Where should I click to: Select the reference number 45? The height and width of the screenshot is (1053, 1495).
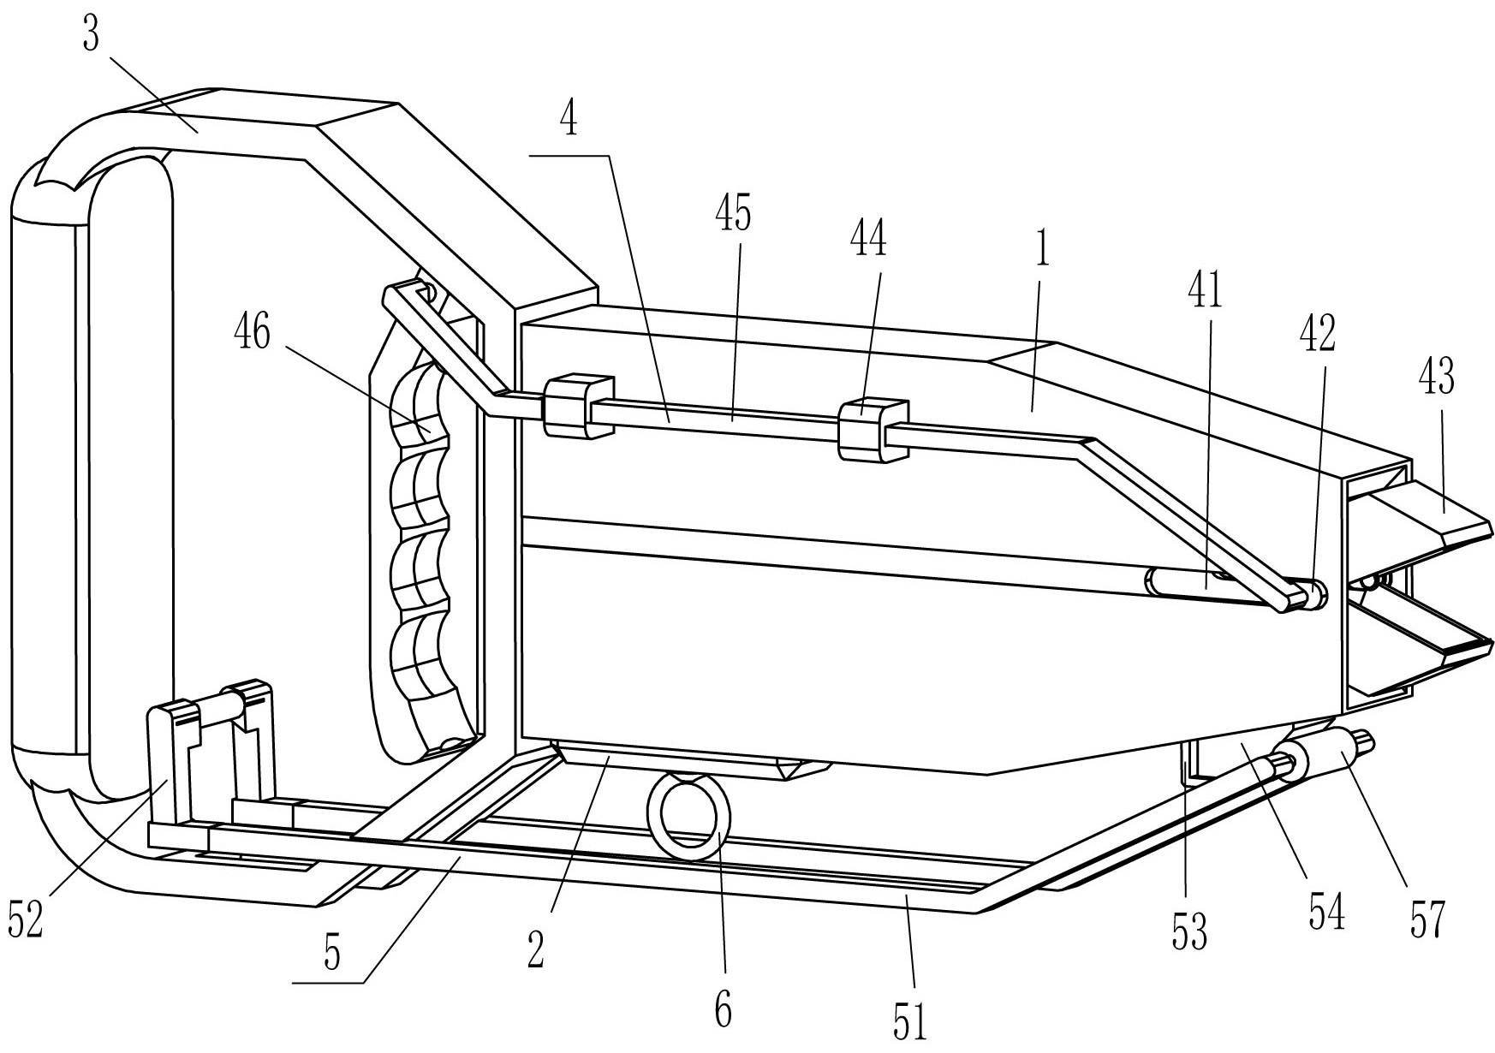[734, 213]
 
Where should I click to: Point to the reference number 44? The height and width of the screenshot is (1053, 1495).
[867, 241]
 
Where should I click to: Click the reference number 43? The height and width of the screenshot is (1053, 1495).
[1437, 378]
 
